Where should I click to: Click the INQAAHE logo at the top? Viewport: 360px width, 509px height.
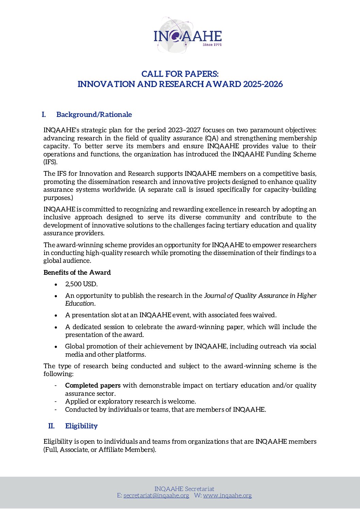(x=187, y=35)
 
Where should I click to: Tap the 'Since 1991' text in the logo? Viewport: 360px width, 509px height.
(x=212, y=45)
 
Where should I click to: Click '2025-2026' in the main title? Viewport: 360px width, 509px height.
(x=263, y=84)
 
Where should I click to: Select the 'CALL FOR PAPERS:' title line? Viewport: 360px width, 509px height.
(x=180, y=74)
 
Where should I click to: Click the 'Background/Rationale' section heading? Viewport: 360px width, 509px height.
(x=94, y=115)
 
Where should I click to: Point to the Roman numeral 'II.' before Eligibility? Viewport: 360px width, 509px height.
(x=51, y=426)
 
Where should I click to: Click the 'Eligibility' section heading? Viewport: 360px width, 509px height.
(x=81, y=426)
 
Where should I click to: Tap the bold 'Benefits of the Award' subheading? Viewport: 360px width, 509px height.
(x=77, y=272)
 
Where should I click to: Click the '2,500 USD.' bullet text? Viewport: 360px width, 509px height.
(x=81, y=284)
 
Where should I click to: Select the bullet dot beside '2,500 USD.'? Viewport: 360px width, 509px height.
(x=56, y=284)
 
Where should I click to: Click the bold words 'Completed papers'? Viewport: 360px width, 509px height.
(x=93, y=385)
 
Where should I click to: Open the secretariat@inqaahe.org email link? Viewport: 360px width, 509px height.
(x=156, y=495)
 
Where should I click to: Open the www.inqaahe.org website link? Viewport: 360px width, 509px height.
(x=227, y=495)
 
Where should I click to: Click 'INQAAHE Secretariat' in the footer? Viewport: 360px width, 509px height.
(x=184, y=489)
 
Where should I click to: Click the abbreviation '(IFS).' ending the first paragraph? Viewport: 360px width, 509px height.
(x=50, y=162)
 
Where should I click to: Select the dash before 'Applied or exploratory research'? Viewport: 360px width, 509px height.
(x=56, y=402)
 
